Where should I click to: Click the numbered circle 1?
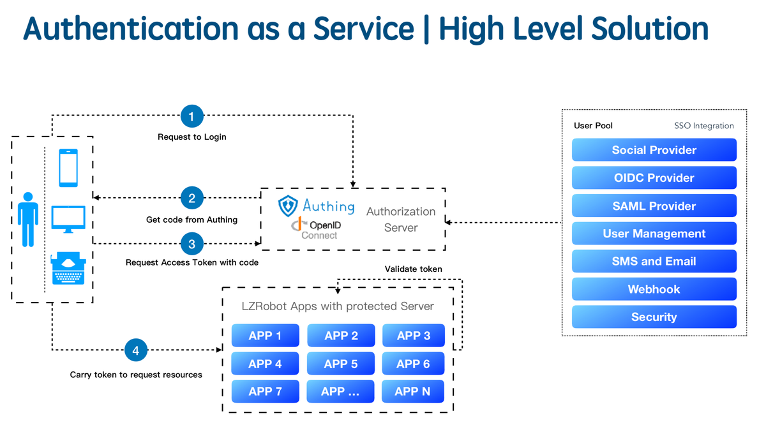(x=192, y=116)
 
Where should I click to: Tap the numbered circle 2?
(x=192, y=198)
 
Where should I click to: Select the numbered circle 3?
(x=192, y=244)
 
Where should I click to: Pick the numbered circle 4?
(x=136, y=350)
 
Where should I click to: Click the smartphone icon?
(x=68, y=168)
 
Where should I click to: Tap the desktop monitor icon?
(x=68, y=219)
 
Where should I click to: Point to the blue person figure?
(x=28, y=220)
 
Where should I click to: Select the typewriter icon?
(x=68, y=268)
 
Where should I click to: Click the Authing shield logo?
(x=288, y=206)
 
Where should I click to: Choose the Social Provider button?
(x=654, y=150)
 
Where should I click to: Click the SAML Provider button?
(x=654, y=206)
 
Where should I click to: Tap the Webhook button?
(x=654, y=289)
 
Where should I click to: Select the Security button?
(x=654, y=317)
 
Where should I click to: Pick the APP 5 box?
(x=341, y=364)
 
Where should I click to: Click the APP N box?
(x=413, y=391)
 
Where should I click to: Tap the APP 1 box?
(x=265, y=336)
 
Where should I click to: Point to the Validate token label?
(x=413, y=269)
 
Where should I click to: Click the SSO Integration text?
(x=703, y=126)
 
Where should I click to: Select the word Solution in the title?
(x=650, y=28)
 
